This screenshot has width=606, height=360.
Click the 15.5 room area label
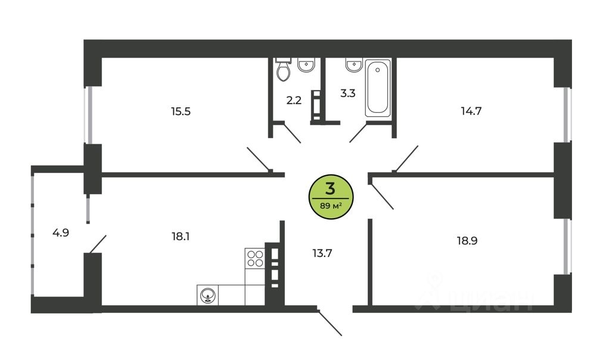(180, 111)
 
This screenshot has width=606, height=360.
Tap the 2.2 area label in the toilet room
(294, 100)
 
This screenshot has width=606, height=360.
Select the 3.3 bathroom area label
(348, 94)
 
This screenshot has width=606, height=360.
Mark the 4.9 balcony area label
(61, 232)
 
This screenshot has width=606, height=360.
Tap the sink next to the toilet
(306, 64)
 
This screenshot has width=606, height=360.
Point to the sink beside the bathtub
(353, 64)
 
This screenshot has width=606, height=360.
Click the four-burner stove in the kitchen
(255, 257)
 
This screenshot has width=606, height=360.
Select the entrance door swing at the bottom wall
(330, 322)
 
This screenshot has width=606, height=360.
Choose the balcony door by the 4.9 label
(97, 244)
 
